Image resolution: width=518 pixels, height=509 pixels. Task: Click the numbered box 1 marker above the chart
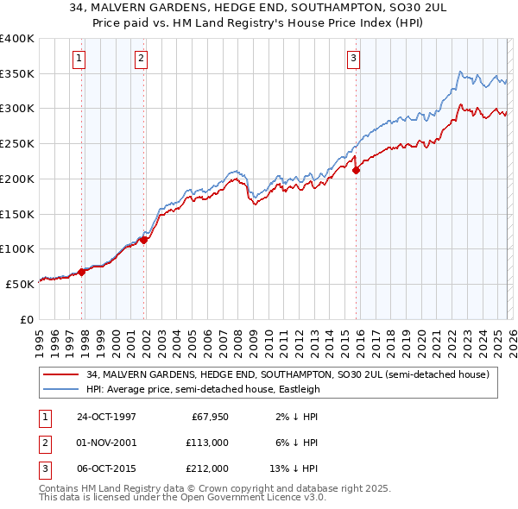(x=79, y=59)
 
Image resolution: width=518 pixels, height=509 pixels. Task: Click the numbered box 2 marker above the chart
(x=141, y=59)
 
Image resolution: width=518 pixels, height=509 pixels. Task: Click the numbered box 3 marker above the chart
(x=353, y=59)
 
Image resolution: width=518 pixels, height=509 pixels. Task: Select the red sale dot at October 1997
(x=82, y=272)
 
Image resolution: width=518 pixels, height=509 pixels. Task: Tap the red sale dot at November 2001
(x=144, y=241)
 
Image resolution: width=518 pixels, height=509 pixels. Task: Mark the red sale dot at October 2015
(x=357, y=171)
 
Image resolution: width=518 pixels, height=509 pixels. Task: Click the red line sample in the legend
(x=63, y=374)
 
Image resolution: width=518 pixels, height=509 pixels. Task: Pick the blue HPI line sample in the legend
(x=63, y=389)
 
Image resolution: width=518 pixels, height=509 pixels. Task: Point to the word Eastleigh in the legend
(x=299, y=389)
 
